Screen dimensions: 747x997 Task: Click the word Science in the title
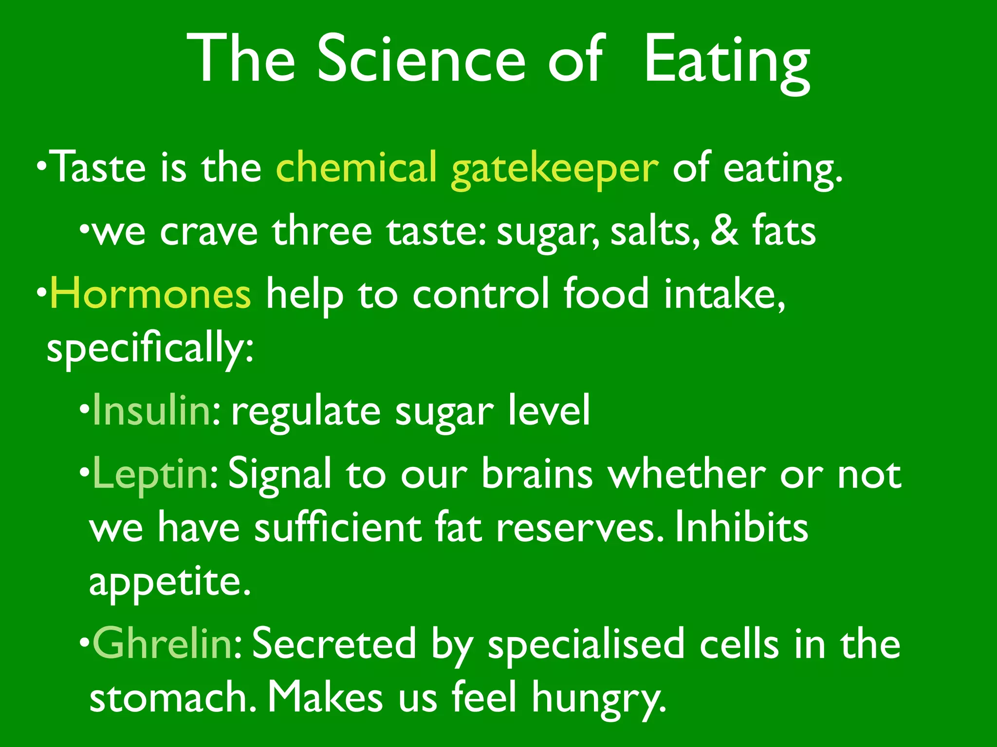(422, 59)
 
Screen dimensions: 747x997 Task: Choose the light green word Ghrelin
(163, 643)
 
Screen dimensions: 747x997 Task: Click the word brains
(537, 474)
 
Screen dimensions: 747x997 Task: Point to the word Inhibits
(741, 528)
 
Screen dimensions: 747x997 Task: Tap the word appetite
(169, 582)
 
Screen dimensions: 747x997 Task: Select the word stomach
(171, 697)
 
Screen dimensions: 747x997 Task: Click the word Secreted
(334, 643)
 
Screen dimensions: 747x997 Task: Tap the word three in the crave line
(322, 231)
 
